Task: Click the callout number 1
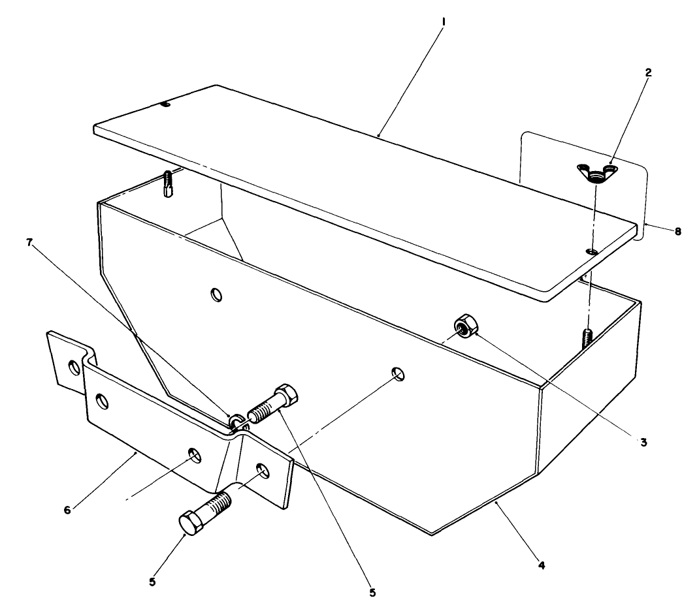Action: pos(443,22)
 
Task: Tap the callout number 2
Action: pos(648,73)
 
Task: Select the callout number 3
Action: pos(643,443)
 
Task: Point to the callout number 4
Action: pos(542,565)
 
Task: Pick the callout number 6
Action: pos(67,510)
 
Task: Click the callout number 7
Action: pos(30,243)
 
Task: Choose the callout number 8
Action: pos(677,232)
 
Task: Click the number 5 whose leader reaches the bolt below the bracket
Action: pos(152,582)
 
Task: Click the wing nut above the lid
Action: pos(596,173)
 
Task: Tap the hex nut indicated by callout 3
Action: pos(465,326)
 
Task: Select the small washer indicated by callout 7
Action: pos(236,420)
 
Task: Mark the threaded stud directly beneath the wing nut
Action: pos(588,340)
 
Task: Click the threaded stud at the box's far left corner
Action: pos(168,183)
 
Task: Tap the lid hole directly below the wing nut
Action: pos(592,252)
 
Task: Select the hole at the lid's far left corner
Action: pos(165,104)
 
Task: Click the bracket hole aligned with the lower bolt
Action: pos(263,471)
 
